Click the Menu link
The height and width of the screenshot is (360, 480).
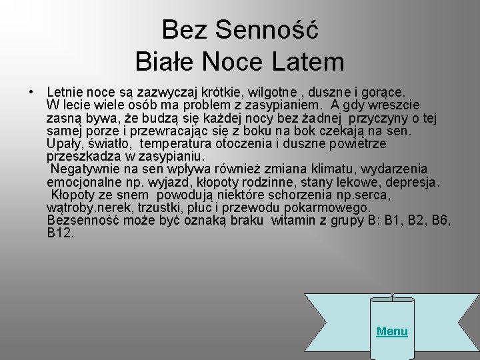tap(392, 331)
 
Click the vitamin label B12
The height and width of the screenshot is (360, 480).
tap(61, 233)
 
